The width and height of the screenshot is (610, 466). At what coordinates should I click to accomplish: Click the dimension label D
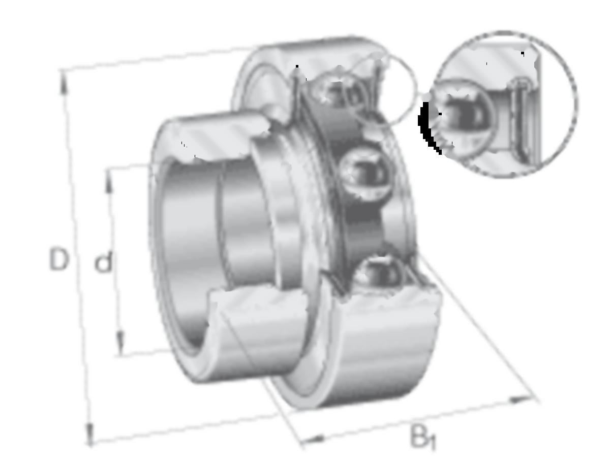coord(58,259)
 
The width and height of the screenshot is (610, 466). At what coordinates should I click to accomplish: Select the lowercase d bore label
coord(103,260)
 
